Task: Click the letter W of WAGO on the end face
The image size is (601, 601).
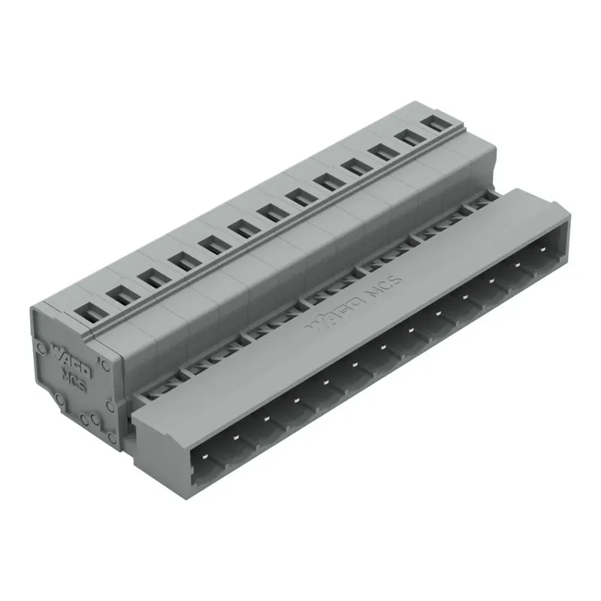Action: tap(57, 349)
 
